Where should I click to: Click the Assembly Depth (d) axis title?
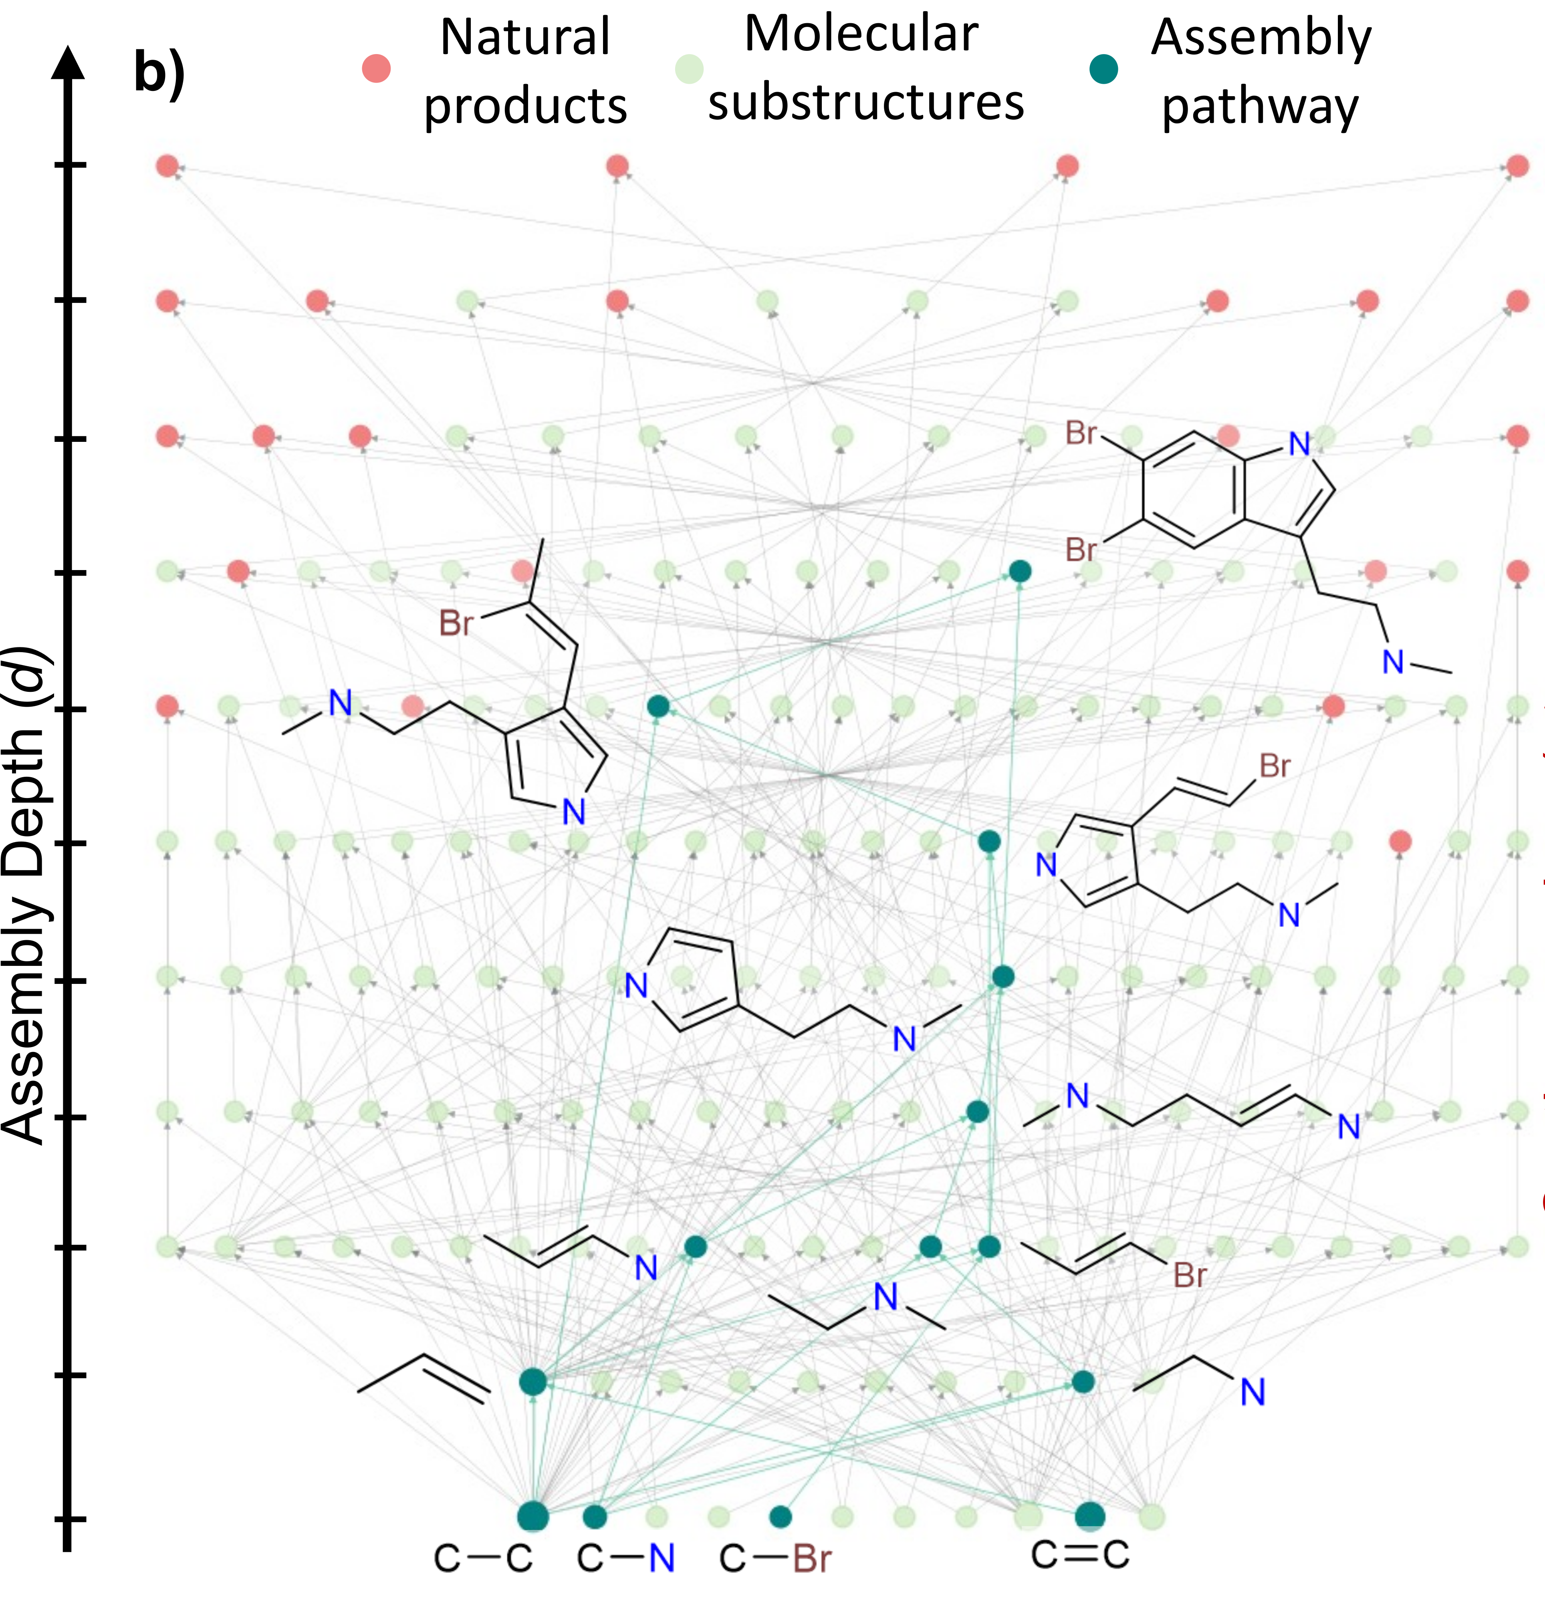coord(24,896)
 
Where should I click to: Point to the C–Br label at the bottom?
coord(775,1558)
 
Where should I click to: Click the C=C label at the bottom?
coord(1080,1553)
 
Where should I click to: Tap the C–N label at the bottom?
coord(626,1558)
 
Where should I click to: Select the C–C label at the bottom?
coord(483,1558)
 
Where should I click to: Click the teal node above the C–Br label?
coord(781,1516)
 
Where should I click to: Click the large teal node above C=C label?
coord(1090,1515)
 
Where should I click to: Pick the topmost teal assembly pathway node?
coord(1020,571)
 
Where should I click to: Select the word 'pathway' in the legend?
coord(1260,107)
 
